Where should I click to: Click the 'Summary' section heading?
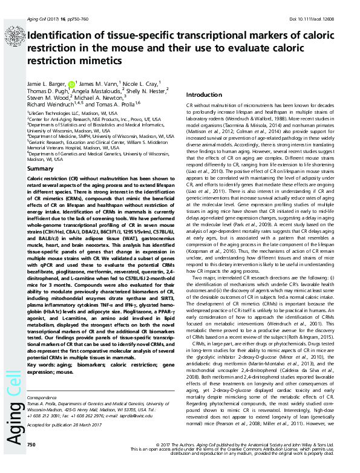tap(41, 168)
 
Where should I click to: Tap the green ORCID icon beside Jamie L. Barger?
tap(72, 84)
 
